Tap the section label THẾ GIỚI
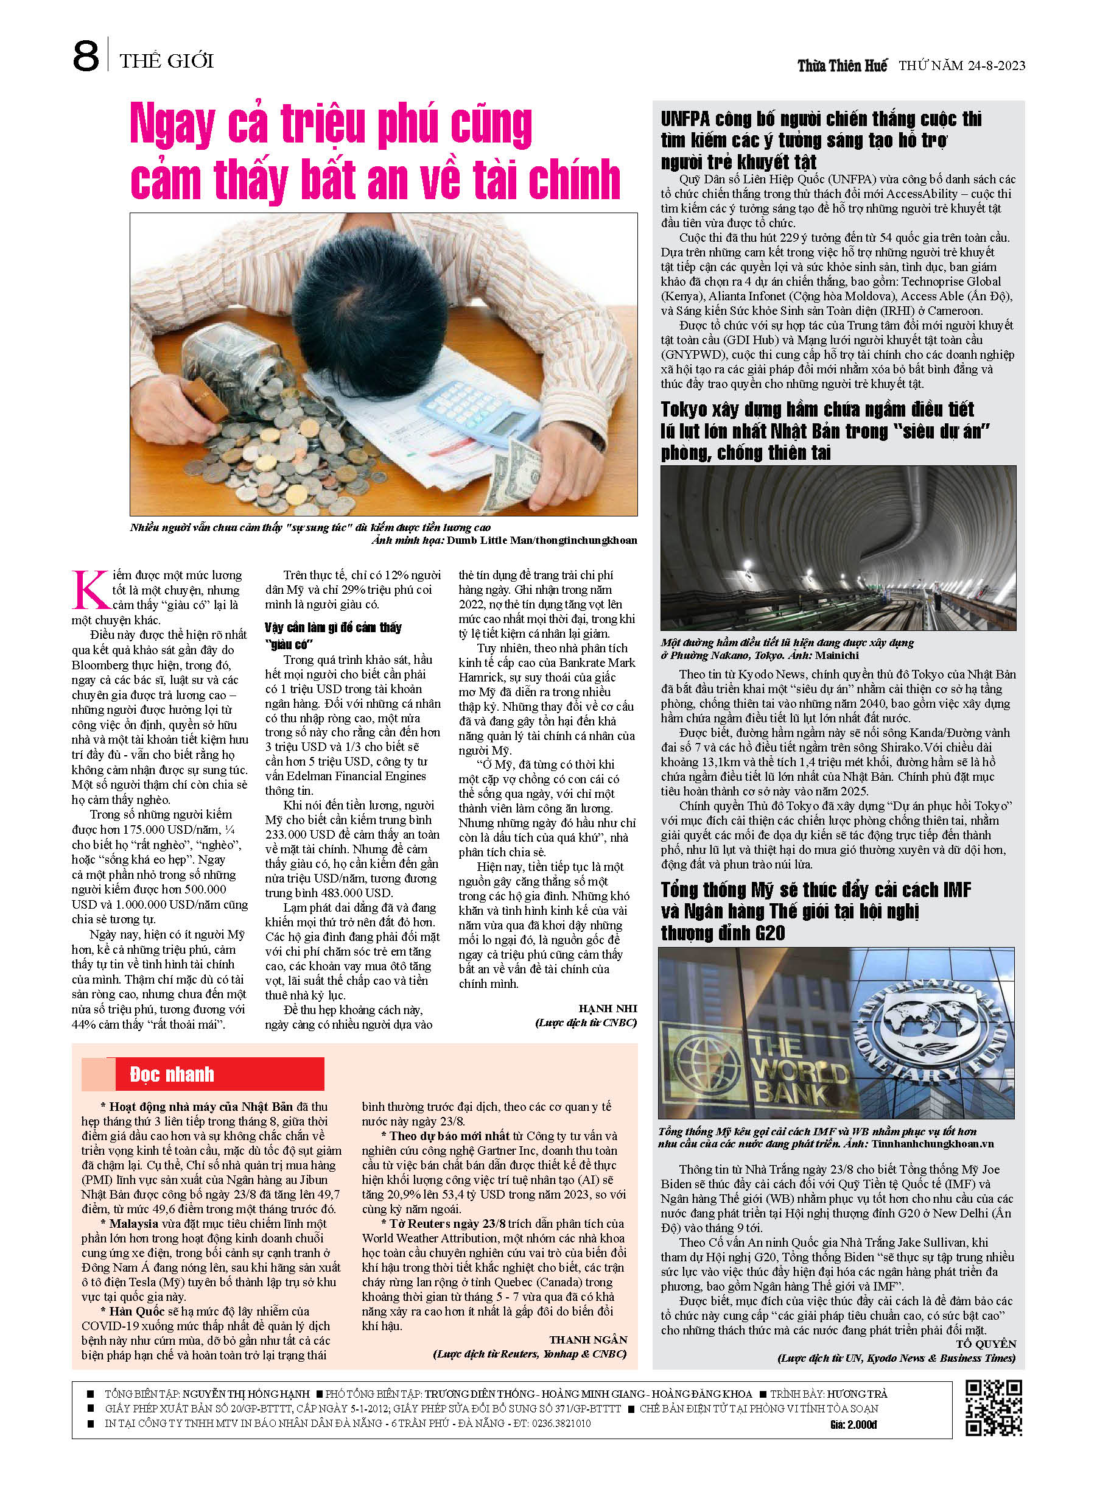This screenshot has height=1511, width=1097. pyautogui.click(x=166, y=62)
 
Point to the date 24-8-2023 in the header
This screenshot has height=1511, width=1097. pyautogui.click(x=992, y=66)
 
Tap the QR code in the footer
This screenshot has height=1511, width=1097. pyautogui.click(x=994, y=1407)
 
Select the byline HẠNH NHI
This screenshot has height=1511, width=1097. pyautogui.click(x=608, y=1009)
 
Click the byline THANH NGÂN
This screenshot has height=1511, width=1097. pyautogui.click(x=587, y=1339)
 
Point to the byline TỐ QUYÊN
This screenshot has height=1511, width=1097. pyautogui.click(x=986, y=1344)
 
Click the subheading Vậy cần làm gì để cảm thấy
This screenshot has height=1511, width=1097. pyautogui.click(x=332, y=627)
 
